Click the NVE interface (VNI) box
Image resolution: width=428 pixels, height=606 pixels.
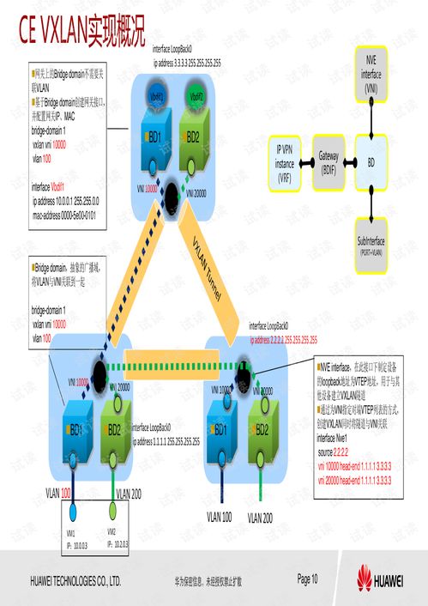(x=371, y=74)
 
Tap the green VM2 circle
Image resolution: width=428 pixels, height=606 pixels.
(x=112, y=511)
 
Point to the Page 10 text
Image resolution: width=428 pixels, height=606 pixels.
(x=308, y=580)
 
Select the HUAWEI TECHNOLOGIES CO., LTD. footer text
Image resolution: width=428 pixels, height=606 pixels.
(x=81, y=581)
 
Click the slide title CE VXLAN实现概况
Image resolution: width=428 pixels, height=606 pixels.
(x=81, y=31)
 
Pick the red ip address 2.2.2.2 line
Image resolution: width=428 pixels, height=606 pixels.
(x=284, y=340)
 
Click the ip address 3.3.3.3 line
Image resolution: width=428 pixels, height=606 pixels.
(x=187, y=64)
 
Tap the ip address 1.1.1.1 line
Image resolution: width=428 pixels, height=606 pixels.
(x=166, y=440)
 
